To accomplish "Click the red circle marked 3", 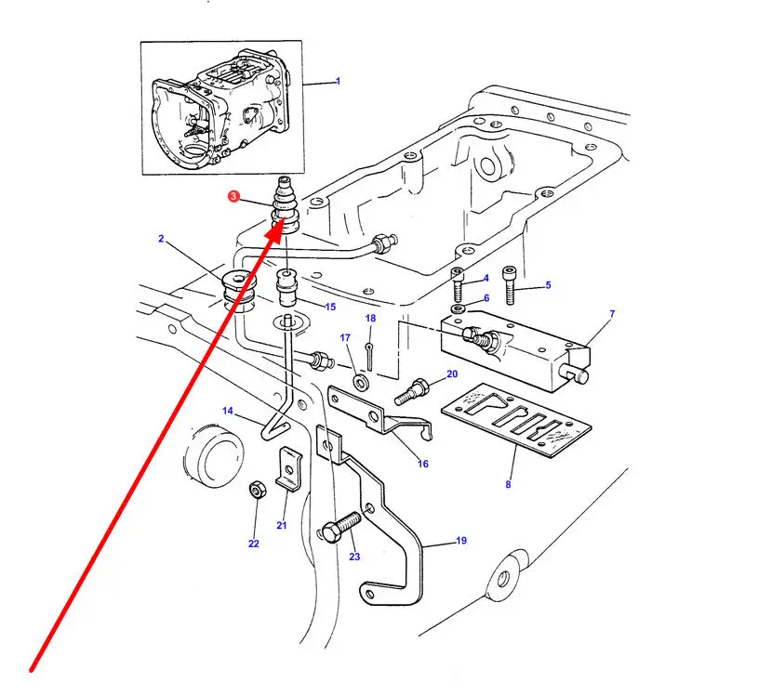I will point(233,196).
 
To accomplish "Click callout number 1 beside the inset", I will point(338,82).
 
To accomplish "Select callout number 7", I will point(612,314).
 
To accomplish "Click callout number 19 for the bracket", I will point(460,540).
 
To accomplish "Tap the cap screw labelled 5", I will point(512,286).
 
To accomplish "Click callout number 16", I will point(423,463).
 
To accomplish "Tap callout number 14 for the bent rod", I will point(228,412).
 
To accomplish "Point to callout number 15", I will point(330,308).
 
